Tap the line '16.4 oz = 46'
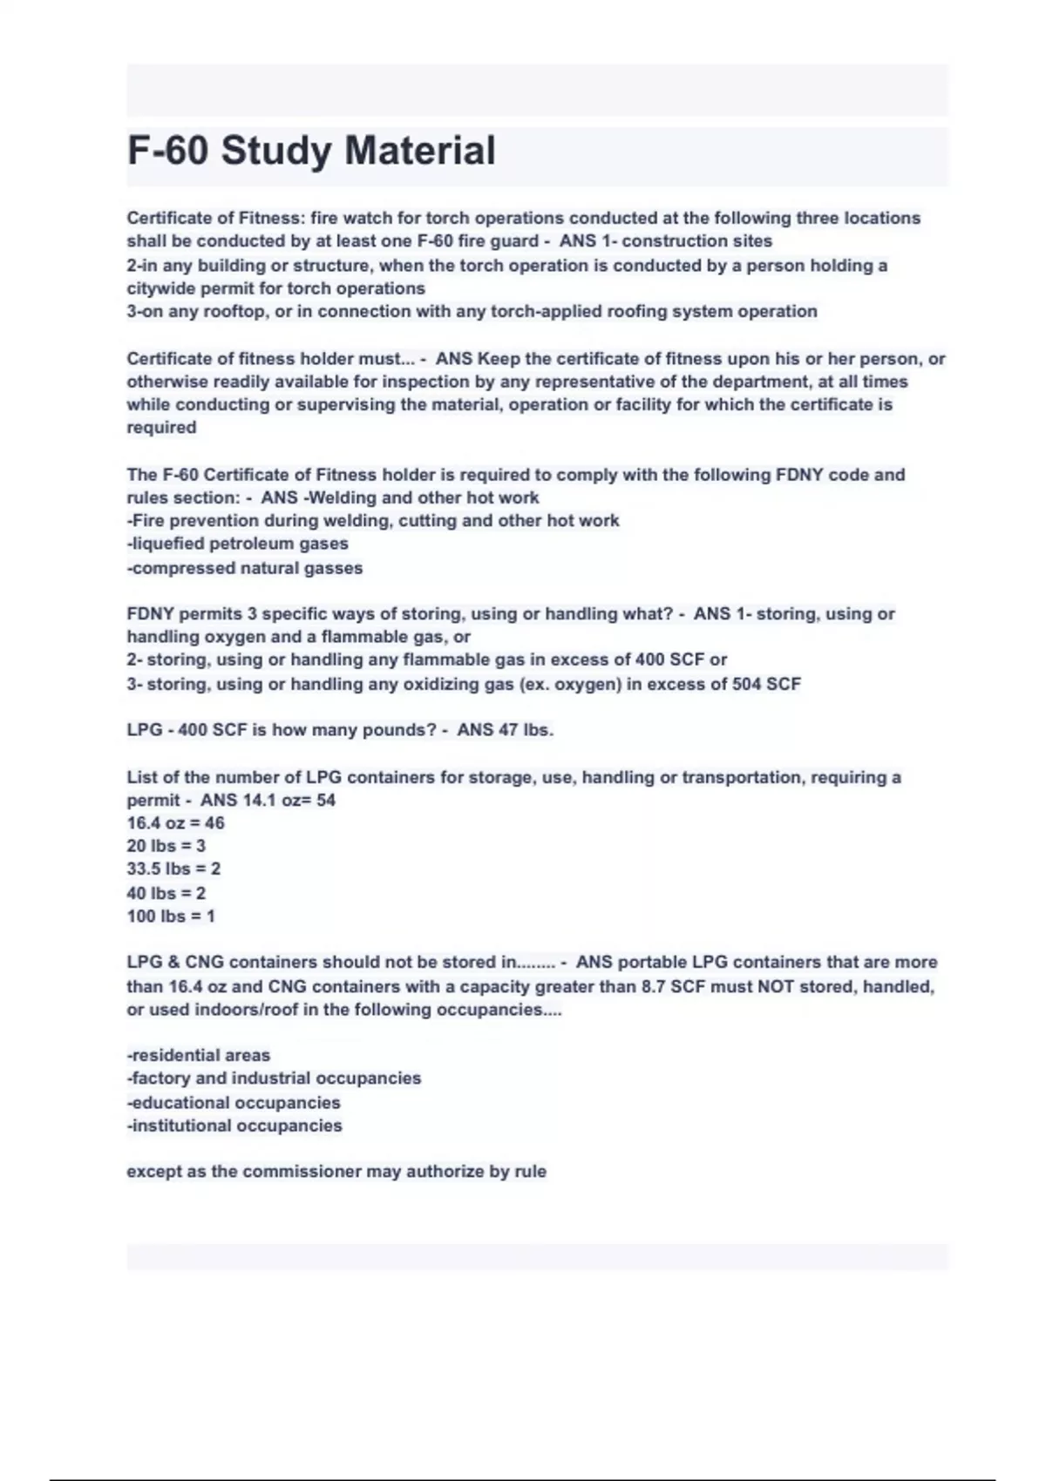(175, 823)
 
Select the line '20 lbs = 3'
(166, 846)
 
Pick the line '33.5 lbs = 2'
(173, 869)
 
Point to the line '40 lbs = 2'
(166, 893)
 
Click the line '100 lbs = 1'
(170, 916)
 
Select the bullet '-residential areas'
(199, 1056)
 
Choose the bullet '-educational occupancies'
(234, 1103)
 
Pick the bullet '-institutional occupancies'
(234, 1126)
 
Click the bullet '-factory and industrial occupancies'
(274, 1079)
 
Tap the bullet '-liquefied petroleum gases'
(237, 544)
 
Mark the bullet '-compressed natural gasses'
(244, 568)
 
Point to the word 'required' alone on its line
(161, 428)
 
